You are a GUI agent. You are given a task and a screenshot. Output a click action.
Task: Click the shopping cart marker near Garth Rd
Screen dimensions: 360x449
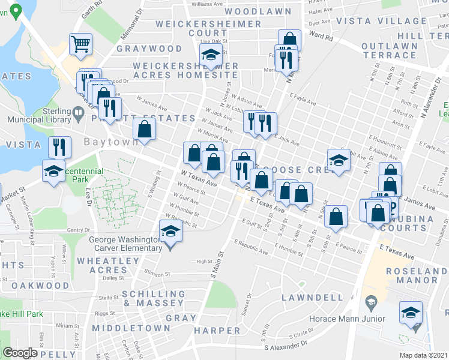(80, 44)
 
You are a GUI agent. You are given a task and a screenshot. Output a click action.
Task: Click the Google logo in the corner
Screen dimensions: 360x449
(20, 353)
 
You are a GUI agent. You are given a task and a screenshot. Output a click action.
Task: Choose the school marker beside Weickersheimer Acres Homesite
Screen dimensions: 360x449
(211, 55)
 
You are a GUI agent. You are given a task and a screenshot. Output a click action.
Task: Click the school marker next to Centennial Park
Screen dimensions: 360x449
(53, 171)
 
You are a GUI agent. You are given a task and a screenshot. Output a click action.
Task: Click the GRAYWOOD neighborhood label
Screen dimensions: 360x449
(149, 48)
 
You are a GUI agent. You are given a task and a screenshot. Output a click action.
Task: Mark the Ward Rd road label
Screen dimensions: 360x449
(321, 36)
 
